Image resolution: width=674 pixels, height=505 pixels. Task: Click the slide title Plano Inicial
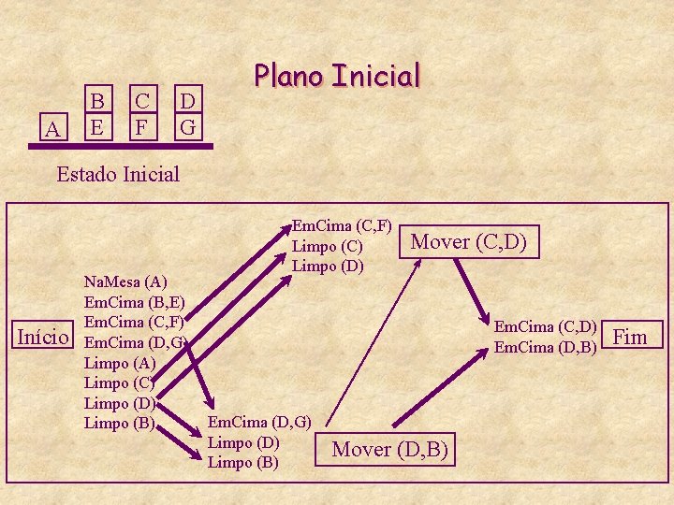coord(339,75)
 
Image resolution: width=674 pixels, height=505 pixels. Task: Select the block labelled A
coord(52,129)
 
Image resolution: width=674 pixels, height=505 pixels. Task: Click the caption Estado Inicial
coord(118,174)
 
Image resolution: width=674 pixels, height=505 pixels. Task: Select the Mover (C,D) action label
coord(469,242)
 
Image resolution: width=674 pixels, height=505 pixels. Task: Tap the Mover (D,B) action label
coord(391,450)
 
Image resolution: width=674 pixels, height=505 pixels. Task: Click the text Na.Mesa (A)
coord(125,281)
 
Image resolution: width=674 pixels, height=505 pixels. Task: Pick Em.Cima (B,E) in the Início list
coord(134,302)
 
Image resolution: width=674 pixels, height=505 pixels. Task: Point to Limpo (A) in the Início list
coord(120,363)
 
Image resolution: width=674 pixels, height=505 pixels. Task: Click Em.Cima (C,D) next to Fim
coord(546,326)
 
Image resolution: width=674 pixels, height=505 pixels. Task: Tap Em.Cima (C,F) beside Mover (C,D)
coord(342,225)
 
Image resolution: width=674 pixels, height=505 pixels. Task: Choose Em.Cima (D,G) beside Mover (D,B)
coord(259,422)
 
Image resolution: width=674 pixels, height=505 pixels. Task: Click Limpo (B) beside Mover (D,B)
coord(243,462)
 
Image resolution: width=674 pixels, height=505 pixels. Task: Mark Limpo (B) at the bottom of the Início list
coord(119,424)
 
